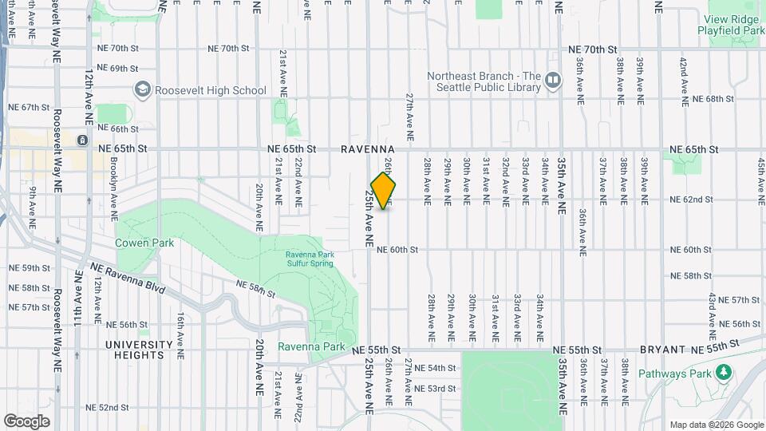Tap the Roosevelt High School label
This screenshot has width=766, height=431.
(211, 90)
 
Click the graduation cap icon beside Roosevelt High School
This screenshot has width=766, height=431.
(142, 89)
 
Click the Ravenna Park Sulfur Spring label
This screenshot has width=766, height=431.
(304, 260)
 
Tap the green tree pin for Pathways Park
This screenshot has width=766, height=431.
(724, 371)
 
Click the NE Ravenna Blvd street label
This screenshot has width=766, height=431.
(127, 278)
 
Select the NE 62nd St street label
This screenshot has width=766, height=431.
(690, 200)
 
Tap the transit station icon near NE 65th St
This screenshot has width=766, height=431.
(82, 140)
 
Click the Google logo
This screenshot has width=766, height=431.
(26, 421)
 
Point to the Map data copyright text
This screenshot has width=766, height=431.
(715, 425)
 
